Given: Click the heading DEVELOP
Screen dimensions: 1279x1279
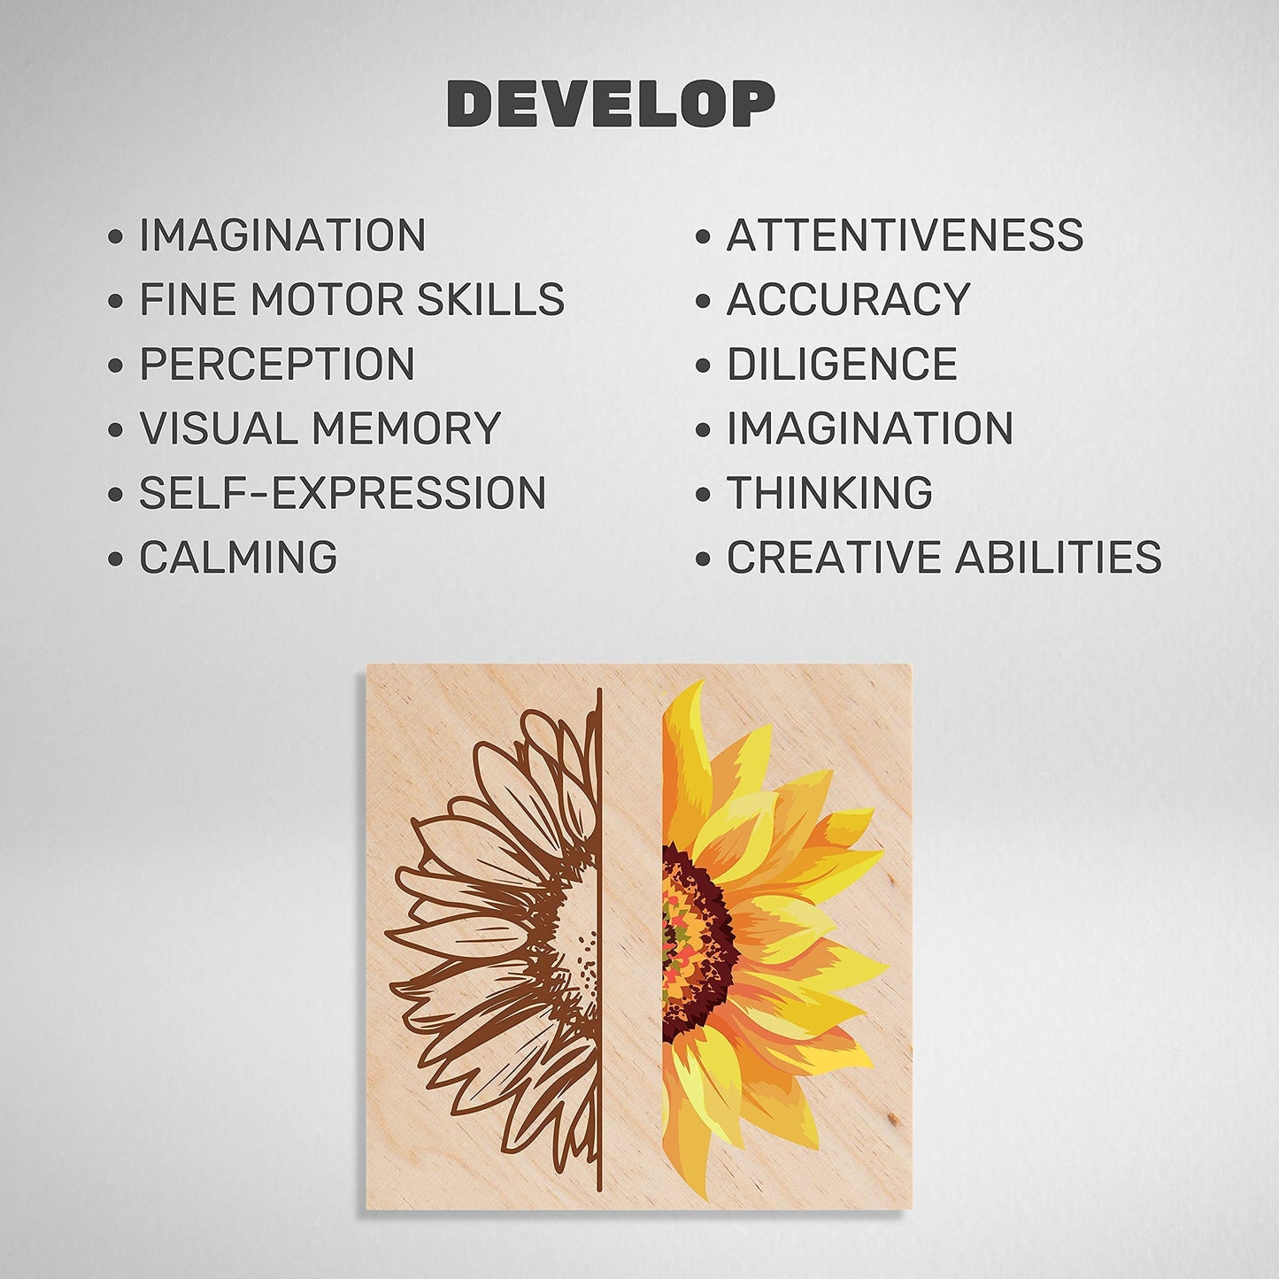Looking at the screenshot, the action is click(611, 104).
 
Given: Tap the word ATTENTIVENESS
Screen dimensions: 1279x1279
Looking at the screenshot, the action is click(905, 235).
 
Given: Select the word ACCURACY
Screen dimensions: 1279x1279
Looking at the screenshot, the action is click(848, 299).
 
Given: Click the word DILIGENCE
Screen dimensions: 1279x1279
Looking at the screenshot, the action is click(842, 364).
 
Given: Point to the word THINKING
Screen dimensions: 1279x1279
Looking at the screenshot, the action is click(829, 492).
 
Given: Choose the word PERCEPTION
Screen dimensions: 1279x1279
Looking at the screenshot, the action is click(277, 364).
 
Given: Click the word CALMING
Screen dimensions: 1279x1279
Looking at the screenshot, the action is click(238, 557).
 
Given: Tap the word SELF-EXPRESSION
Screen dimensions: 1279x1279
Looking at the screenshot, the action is click(343, 492).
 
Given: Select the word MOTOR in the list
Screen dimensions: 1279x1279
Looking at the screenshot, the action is click(327, 299).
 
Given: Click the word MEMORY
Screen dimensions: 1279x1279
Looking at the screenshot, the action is click(406, 428).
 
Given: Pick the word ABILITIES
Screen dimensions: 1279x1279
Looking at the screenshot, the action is click(1058, 557).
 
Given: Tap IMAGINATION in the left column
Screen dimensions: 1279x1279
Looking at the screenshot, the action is click(282, 235).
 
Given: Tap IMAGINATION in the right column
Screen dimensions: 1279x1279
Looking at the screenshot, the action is click(870, 428).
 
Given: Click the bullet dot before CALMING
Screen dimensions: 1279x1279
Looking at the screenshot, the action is click(115, 559).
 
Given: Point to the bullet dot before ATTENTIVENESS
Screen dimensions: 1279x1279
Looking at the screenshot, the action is click(703, 237).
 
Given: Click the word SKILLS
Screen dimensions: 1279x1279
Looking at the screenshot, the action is click(490, 299).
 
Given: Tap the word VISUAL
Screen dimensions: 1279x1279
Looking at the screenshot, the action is click(219, 428).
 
